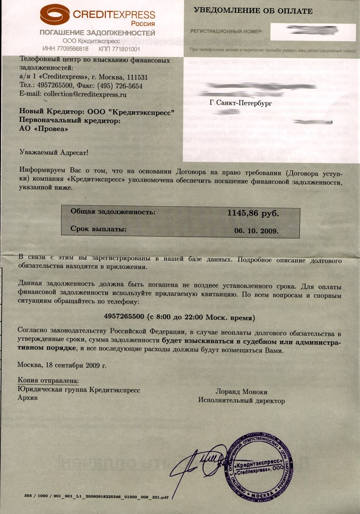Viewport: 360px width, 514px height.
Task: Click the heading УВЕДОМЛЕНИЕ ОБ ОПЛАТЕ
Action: click(253, 11)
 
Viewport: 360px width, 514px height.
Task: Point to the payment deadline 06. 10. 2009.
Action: click(256, 231)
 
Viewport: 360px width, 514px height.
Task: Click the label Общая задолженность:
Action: click(113, 211)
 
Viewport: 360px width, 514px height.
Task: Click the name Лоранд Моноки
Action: click(241, 392)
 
